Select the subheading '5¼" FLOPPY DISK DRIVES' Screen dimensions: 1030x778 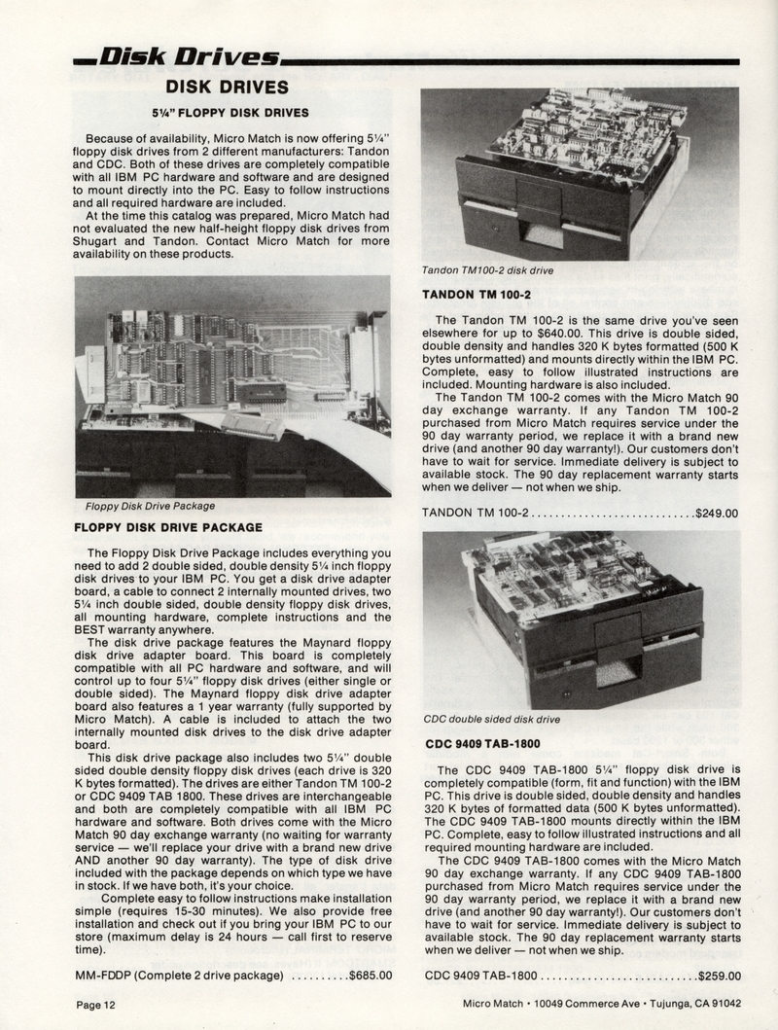[230, 112]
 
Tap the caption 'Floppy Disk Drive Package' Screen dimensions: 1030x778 [143, 506]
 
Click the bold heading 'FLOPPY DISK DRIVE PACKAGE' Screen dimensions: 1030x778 [168, 527]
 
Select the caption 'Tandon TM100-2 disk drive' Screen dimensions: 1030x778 [487, 270]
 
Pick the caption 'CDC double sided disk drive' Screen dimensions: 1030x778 [491, 720]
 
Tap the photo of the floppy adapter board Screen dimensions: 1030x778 [232, 386]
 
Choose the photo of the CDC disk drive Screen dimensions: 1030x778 [580, 619]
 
